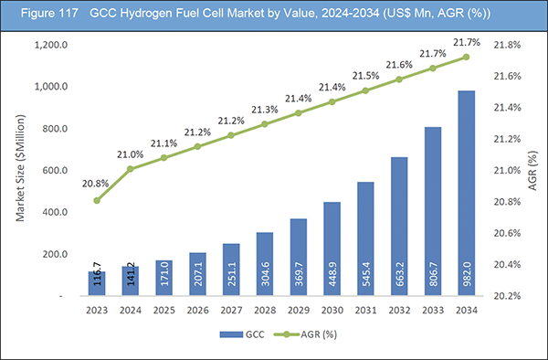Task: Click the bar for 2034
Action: tap(467, 194)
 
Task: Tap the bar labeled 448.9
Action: tap(332, 249)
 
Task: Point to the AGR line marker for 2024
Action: tap(131, 169)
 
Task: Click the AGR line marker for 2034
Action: tap(467, 57)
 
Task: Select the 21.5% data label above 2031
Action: tap(365, 74)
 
